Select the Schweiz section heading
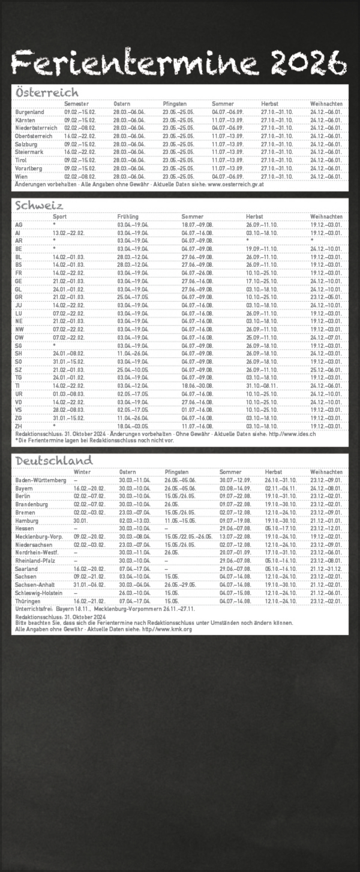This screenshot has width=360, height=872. click(x=38, y=205)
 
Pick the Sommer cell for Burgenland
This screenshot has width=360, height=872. click(x=227, y=112)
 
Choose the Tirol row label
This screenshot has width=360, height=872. click(x=22, y=161)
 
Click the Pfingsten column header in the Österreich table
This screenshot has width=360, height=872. click(x=175, y=104)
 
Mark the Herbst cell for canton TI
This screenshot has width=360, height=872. click(x=260, y=386)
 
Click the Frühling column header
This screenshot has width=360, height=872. click(x=128, y=216)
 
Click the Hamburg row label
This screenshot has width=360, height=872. click(x=27, y=521)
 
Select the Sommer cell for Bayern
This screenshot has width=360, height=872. click(x=234, y=489)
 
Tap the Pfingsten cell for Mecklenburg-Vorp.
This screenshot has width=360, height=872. click(x=188, y=537)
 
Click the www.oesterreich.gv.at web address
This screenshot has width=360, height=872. click(x=236, y=185)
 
